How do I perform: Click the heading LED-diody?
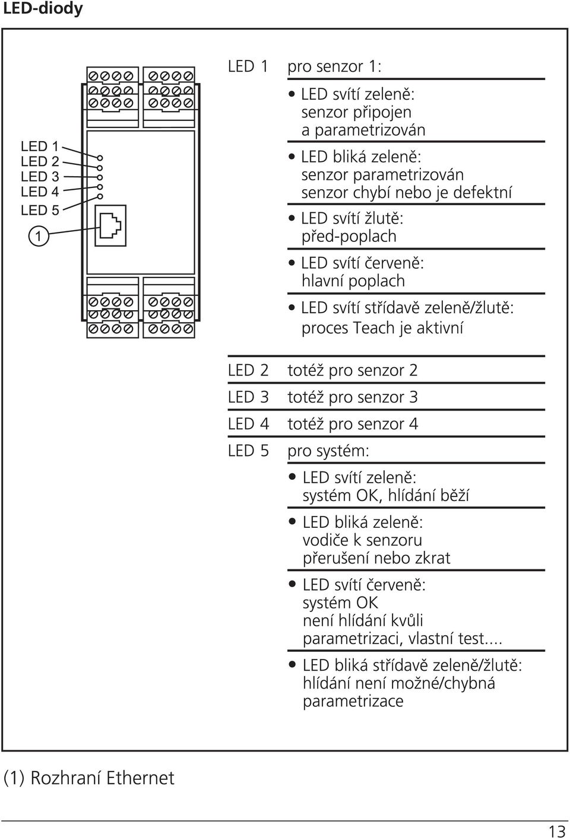(x=43, y=9)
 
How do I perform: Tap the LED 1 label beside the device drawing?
(x=40, y=146)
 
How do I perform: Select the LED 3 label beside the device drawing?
(x=40, y=176)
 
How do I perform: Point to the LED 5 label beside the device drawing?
(x=40, y=211)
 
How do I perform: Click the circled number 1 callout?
(x=39, y=236)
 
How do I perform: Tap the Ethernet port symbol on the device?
(x=110, y=225)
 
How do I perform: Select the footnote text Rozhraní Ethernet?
(x=102, y=778)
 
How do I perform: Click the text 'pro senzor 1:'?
(x=334, y=66)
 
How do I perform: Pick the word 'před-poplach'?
(x=349, y=237)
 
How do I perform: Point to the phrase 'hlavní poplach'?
(x=353, y=281)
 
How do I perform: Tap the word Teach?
(x=373, y=328)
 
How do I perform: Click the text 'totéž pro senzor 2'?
(x=353, y=370)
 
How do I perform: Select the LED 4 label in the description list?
(x=248, y=424)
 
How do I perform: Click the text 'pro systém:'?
(x=328, y=451)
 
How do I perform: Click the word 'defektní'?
(x=482, y=193)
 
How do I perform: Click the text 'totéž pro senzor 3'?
(x=353, y=397)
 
